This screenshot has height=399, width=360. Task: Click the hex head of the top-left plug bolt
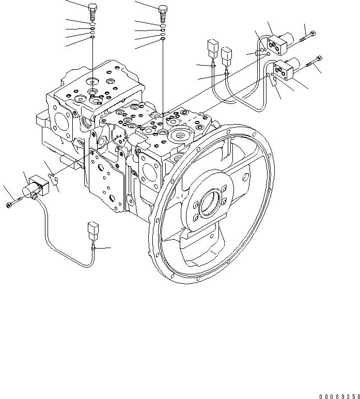(92, 7)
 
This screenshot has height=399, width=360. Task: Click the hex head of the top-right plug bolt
(163, 8)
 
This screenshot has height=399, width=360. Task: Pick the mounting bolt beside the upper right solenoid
(309, 35)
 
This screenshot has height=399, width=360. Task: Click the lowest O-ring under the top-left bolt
(92, 37)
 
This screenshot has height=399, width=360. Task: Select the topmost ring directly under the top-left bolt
(92, 23)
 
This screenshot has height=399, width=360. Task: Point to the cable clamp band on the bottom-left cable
(93, 248)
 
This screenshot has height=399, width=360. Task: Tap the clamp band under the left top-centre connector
(213, 65)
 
